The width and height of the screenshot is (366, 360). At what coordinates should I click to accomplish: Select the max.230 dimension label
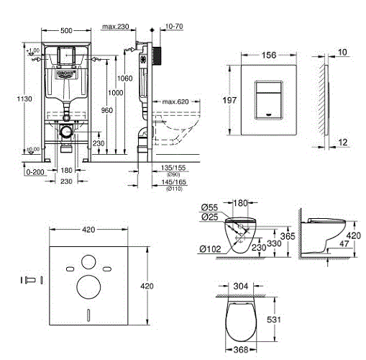[x=115, y=27]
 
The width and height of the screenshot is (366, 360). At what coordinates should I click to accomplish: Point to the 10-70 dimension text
[x=173, y=27]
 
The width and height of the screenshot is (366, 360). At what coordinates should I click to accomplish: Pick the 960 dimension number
[x=107, y=111]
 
